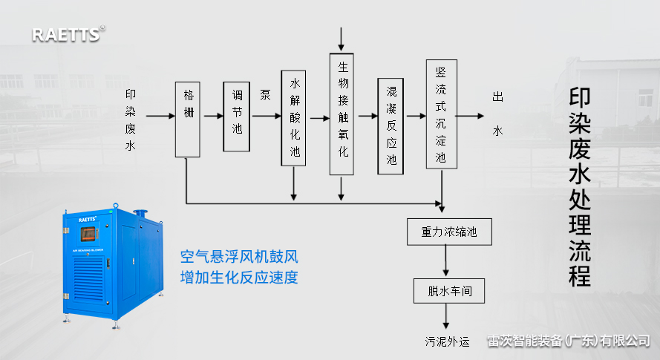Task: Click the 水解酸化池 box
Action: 294,117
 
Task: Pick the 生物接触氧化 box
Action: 342,113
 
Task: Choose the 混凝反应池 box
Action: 391,125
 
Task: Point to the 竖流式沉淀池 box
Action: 441,114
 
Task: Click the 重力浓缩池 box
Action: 445,232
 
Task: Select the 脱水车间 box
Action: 445,290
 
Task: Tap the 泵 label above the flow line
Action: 265,94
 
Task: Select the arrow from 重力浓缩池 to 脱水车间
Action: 445,261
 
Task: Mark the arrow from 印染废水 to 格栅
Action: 160,117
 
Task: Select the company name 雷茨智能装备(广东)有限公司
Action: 568,341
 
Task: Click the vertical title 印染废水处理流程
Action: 580,188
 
